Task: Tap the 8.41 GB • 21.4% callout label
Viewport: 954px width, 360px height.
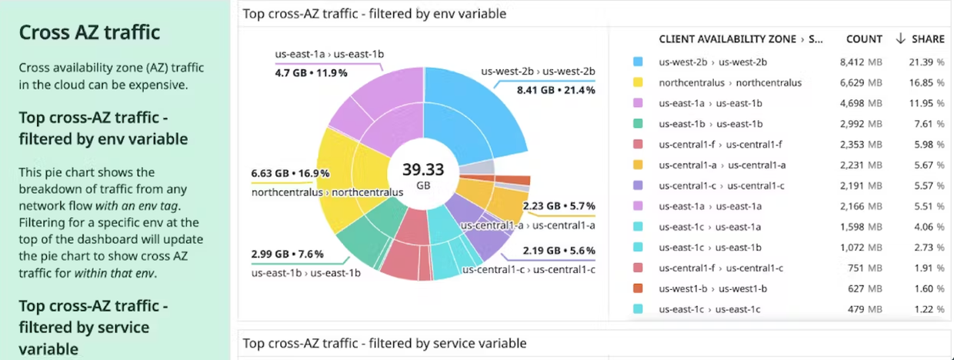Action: click(555, 90)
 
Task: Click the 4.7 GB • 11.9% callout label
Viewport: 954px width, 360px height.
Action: click(311, 73)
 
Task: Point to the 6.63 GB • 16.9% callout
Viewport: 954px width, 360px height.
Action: click(290, 173)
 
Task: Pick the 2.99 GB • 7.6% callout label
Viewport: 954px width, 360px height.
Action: click(287, 254)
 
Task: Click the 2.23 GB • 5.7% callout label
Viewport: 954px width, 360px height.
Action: click(559, 206)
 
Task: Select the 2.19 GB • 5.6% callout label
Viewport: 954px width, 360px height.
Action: click(559, 251)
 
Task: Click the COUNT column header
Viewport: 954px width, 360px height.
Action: click(864, 38)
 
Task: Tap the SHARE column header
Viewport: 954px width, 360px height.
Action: click(928, 38)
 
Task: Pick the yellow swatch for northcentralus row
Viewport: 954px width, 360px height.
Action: click(638, 82)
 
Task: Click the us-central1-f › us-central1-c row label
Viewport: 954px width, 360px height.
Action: click(721, 268)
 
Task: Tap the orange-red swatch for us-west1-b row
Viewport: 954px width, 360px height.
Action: click(638, 288)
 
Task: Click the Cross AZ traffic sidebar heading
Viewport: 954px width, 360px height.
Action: click(89, 32)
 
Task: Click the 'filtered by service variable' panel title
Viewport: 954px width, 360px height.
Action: click(385, 343)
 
